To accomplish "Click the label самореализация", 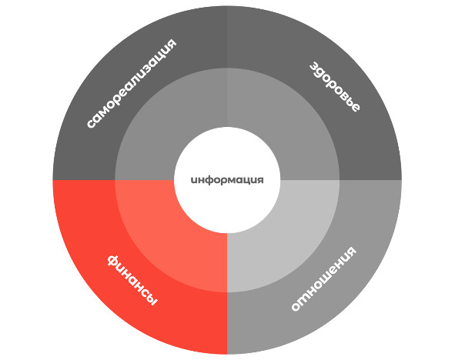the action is coord(132,84).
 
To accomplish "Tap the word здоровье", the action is coord(335,87).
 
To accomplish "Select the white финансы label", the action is coord(132,280).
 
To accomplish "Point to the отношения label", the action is coord(323,278).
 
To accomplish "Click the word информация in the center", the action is coord(227,180).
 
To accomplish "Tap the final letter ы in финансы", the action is coord(152,300).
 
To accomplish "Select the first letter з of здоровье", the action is coord(315,67).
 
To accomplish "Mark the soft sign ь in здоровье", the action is coord(350,102).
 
